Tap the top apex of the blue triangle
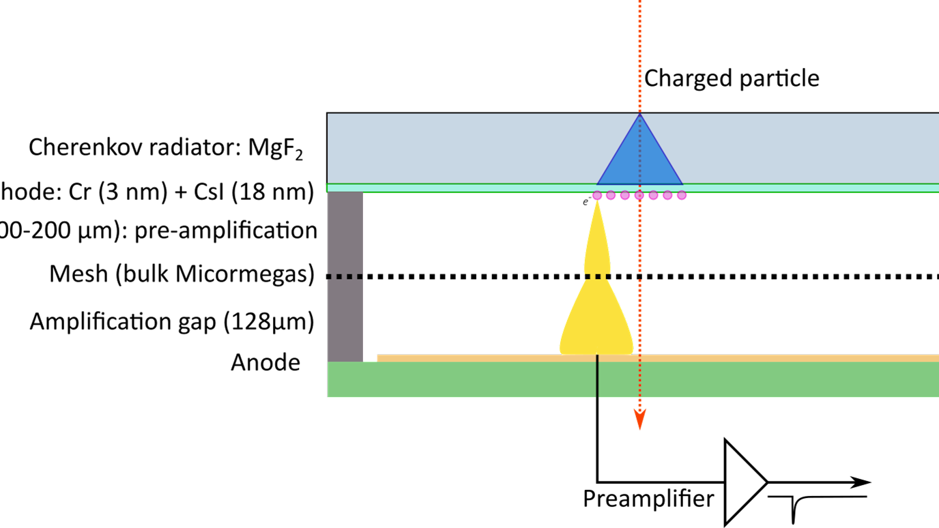(639, 115)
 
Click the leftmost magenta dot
(597, 196)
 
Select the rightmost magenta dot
(682, 196)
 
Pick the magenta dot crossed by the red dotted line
(639, 196)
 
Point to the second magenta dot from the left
(611, 196)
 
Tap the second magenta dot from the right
(667, 196)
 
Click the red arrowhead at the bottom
(639, 420)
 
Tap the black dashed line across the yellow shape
(596, 276)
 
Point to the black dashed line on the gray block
(345, 276)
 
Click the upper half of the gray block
(345, 232)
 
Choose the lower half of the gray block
(345, 321)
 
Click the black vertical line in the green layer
(597, 379)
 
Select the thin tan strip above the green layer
(751, 358)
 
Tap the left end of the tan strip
(379, 358)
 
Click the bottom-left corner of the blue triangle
(598, 184)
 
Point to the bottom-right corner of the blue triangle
(682, 184)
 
